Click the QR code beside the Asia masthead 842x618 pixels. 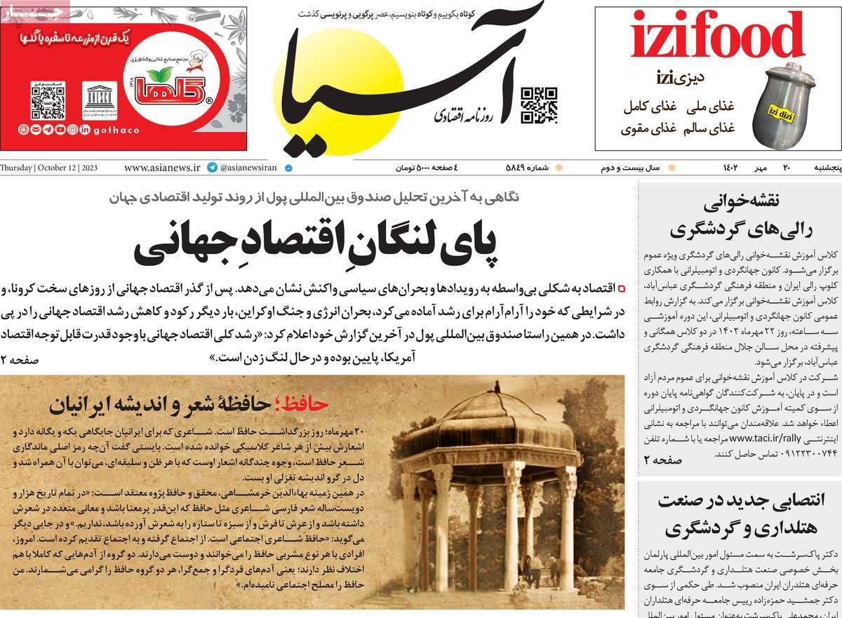tap(539, 105)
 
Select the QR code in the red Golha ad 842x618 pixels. tap(48, 100)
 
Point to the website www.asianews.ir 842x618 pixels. tap(162, 168)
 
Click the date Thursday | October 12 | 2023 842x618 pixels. tap(50, 168)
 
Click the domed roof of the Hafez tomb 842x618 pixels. tap(485, 421)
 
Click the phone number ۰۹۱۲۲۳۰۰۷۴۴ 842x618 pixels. tap(745, 454)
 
